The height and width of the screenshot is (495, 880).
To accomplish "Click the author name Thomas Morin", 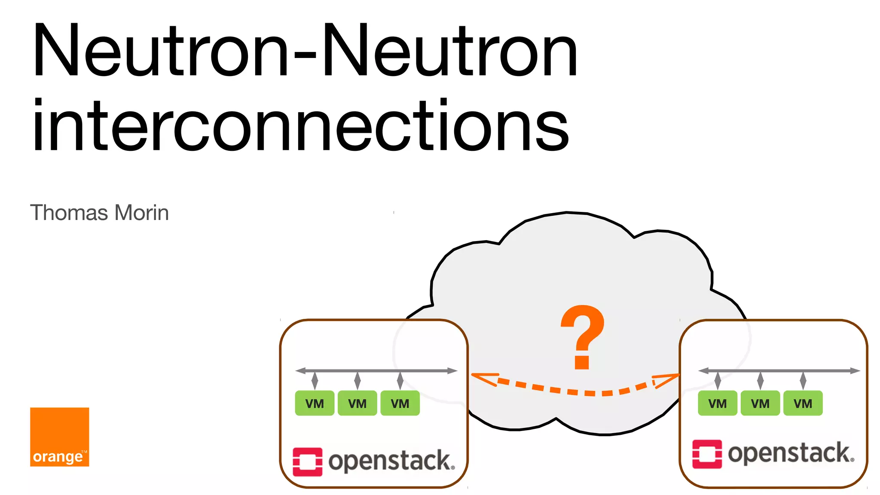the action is [x=99, y=213].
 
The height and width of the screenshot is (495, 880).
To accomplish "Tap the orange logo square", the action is [x=60, y=437].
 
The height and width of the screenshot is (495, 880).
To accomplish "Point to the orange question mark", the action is [x=583, y=337].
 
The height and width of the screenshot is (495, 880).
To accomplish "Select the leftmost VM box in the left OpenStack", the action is [x=315, y=403].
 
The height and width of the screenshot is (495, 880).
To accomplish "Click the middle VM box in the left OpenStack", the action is [x=357, y=403].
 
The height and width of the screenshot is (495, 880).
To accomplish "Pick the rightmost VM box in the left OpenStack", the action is [x=400, y=403].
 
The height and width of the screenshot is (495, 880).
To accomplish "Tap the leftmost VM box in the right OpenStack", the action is [x=718, y=403].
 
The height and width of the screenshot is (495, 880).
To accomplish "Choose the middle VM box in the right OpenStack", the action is [x=760, y=403].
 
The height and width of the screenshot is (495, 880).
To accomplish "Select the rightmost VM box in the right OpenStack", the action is [x=803, y=403].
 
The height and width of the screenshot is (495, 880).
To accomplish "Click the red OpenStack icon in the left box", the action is [x=308, y=461].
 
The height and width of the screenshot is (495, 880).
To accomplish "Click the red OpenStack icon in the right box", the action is [x=707, y=454].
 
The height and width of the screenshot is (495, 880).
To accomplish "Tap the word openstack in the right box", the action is [x=790, y=453].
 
